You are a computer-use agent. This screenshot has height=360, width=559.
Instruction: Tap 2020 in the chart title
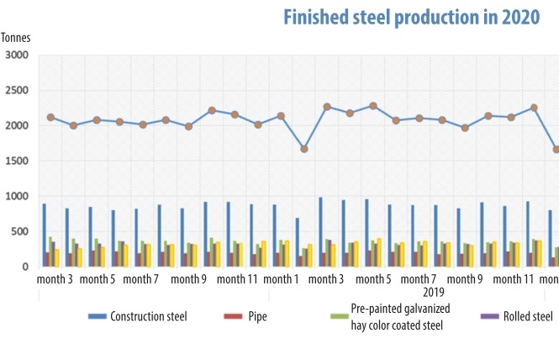[513, 18]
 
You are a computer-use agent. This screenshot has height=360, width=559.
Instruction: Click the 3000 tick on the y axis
[16, 56]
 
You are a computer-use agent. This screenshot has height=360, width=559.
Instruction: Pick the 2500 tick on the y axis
[16, 91]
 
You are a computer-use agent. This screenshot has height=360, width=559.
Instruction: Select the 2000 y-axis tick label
[16, 126]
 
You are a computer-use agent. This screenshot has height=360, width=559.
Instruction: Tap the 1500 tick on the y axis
[16, 161]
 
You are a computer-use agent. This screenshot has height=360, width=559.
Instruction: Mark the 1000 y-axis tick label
[16, 197]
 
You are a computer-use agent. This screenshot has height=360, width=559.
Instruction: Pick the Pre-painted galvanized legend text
[393, 310]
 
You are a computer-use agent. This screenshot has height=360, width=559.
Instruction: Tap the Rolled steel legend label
[528, 316]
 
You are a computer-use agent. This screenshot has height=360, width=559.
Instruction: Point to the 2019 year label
[434, 292]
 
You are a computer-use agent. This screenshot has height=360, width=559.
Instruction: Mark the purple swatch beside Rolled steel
[488, 316]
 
